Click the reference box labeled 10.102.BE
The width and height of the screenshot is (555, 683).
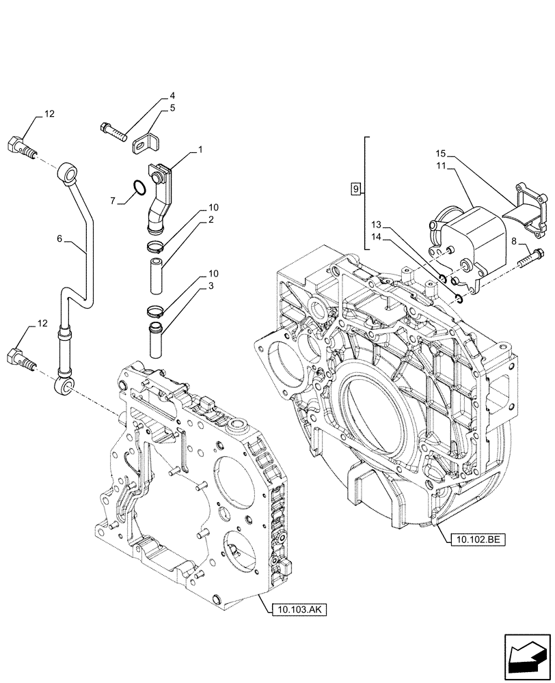[476, 539]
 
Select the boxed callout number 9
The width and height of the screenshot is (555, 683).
[354, 188]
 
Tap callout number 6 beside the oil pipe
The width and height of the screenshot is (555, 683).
[59, 239]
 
